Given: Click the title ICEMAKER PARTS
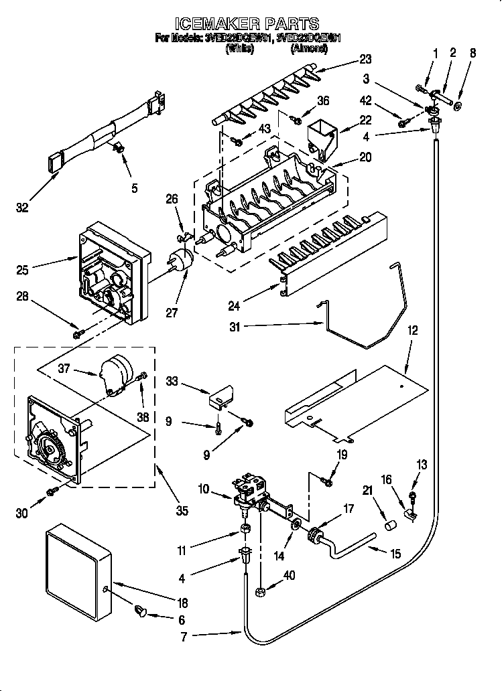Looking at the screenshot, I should [x=251, y=25].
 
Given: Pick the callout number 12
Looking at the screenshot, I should [x=412, y=330].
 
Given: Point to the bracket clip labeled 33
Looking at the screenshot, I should [x=222, y=396].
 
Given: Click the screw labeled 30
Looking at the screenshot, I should [x=52, y=493].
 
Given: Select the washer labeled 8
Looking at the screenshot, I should [x=458, y=105].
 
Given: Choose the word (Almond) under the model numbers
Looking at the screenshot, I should [x=309, y=48].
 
